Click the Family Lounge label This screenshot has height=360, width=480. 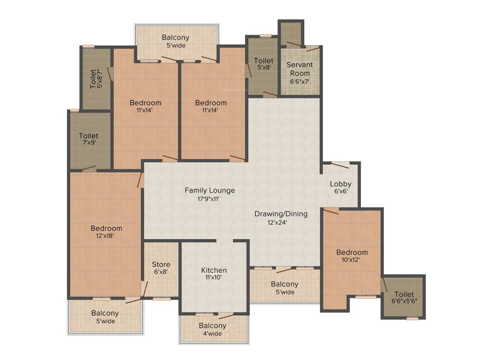pos(210,190)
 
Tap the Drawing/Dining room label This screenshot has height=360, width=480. pos(281,214)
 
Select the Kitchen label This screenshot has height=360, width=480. pos(214,270)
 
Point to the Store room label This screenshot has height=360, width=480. pos(161,264)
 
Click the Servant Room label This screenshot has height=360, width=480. pos(300,69)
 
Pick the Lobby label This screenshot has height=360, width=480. pos(340,184)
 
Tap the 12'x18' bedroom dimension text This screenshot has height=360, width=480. pos(106,236)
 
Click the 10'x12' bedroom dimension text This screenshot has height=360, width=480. pos(352,260)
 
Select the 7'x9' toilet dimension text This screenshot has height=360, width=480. pos(89,143)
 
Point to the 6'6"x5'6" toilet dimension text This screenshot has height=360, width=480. pos(404,301)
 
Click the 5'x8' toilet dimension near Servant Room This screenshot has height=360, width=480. pos(263,68)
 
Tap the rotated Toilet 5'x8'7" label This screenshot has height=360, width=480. pos(96,79)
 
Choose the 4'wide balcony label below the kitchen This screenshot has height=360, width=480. pos(212,333)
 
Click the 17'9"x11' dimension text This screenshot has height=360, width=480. pos(210,198)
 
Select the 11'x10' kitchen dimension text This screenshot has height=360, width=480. pos(214,277)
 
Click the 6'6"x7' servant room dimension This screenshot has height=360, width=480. pos(300,81)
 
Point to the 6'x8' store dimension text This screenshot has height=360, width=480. pos(161,272)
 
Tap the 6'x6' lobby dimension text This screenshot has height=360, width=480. pos(340,192)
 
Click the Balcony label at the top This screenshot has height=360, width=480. pos(176,37)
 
